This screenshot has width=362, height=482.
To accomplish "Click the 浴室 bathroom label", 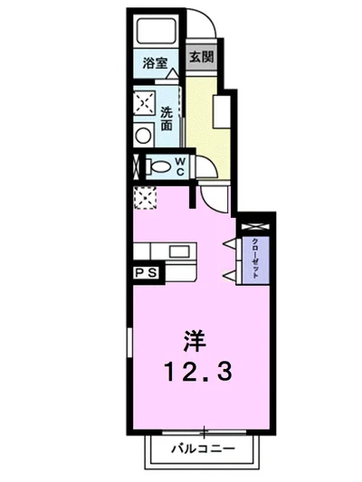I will pos(156,63).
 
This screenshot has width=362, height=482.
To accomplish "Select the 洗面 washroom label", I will pos(167,119).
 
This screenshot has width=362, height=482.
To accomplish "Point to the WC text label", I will pos(180,165).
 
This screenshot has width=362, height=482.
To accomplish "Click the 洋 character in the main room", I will pos(194,342).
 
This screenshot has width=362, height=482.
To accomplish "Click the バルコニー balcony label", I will pos(204,449).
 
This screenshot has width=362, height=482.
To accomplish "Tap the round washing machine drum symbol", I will pos(143,135).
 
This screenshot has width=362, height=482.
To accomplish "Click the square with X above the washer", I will pos(143,102).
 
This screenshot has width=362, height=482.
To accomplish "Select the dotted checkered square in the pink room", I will pos(144,195).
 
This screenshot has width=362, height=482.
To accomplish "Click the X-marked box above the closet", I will pos(252,224).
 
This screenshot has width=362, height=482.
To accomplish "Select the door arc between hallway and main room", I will pos(215,195).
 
